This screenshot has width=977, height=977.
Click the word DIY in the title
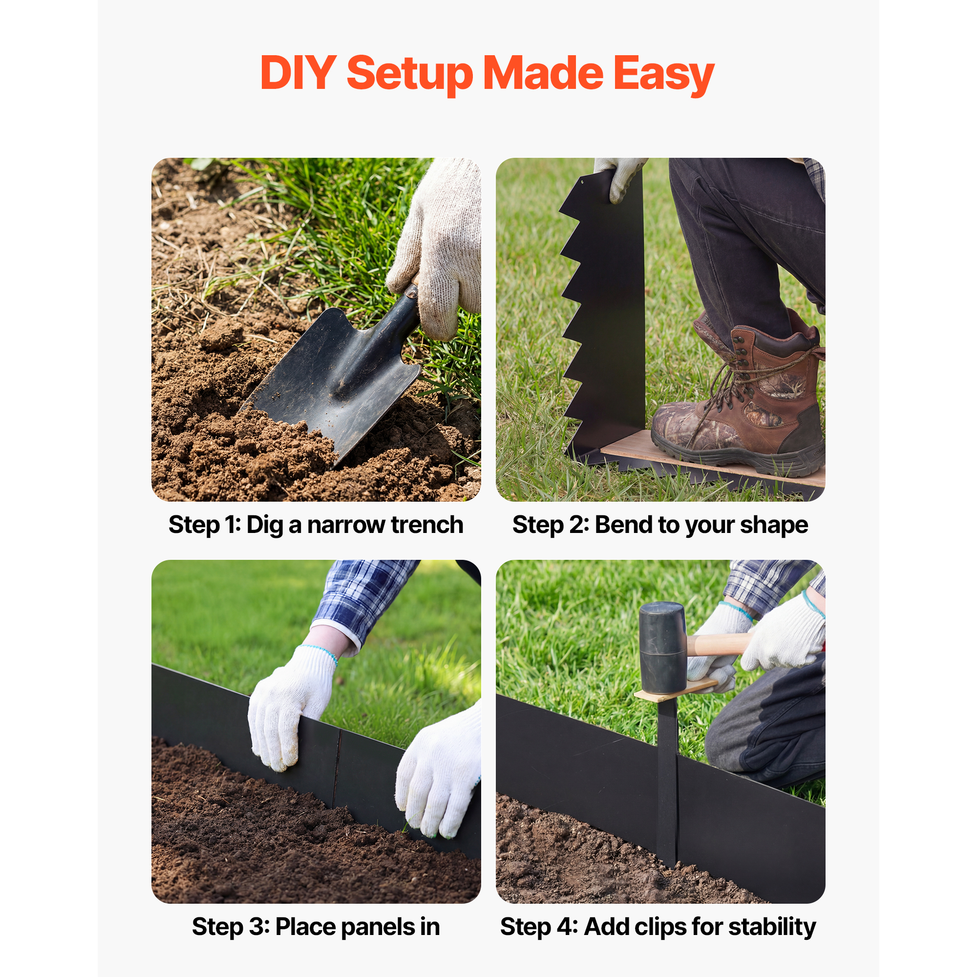click(x=298, y=73)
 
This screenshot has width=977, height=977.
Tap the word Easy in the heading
click(x=663, y=75)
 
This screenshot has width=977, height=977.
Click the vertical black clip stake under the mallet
click(x=667, y=781)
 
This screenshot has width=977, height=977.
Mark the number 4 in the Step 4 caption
click(x=564, y=927)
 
